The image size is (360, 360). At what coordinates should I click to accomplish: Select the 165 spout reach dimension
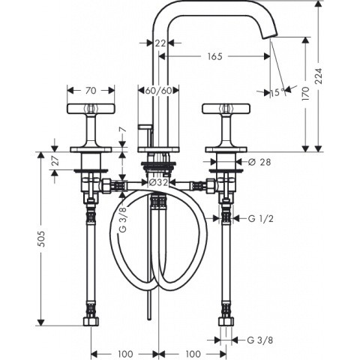214,56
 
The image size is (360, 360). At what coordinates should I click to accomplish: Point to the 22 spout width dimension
160,43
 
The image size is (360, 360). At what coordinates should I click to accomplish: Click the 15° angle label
277,93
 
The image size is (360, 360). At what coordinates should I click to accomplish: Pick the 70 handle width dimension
91,91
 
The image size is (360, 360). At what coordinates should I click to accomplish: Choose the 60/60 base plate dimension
159,91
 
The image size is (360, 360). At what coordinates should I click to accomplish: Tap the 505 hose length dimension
42,238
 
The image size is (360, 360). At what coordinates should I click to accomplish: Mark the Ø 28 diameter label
260,162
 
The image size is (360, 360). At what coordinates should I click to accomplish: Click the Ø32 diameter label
158,182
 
